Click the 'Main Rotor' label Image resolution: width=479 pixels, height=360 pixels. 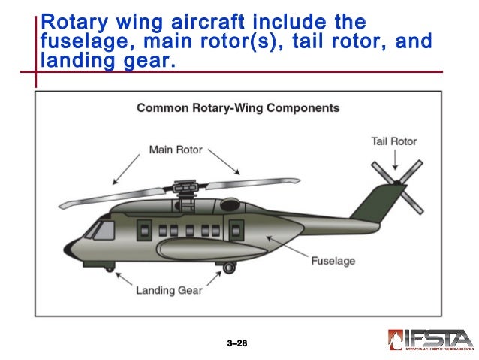[x=176, y=150]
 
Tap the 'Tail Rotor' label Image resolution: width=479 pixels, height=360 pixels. [x=393, y=141]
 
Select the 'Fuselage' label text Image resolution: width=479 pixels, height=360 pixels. [x=333, y=262]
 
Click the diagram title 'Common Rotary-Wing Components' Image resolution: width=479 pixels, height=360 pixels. [x=238, y=108]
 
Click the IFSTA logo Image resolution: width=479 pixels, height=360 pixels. [x=430, y=340]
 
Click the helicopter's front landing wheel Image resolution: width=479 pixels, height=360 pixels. [x=110, y=268]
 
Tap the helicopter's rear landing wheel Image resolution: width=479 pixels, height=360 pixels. [x=229, y=267]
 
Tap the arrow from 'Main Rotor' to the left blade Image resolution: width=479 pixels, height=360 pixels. [x=126, y=168]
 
